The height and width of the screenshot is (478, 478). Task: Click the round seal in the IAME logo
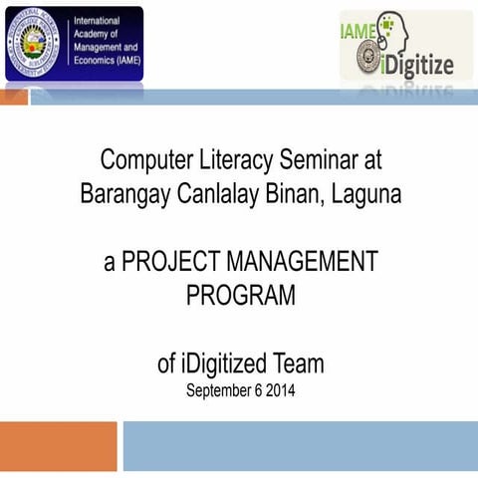[34, 43]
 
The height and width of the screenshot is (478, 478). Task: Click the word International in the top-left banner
[97, 21]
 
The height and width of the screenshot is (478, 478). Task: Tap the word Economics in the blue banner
[96, 60]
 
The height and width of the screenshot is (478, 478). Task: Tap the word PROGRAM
[240, 296]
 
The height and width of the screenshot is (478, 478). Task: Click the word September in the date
[219, 389]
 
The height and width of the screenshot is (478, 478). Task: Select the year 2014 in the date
[280, 389]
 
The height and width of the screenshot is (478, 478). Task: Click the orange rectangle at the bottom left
[58, 446]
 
